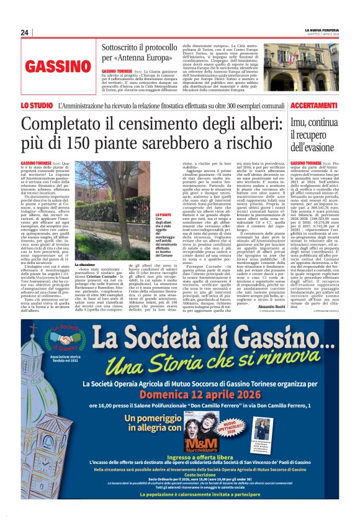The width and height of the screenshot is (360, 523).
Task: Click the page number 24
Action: click(x=24, y=32)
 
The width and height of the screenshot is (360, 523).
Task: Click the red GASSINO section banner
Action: click(x=58, y=66)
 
